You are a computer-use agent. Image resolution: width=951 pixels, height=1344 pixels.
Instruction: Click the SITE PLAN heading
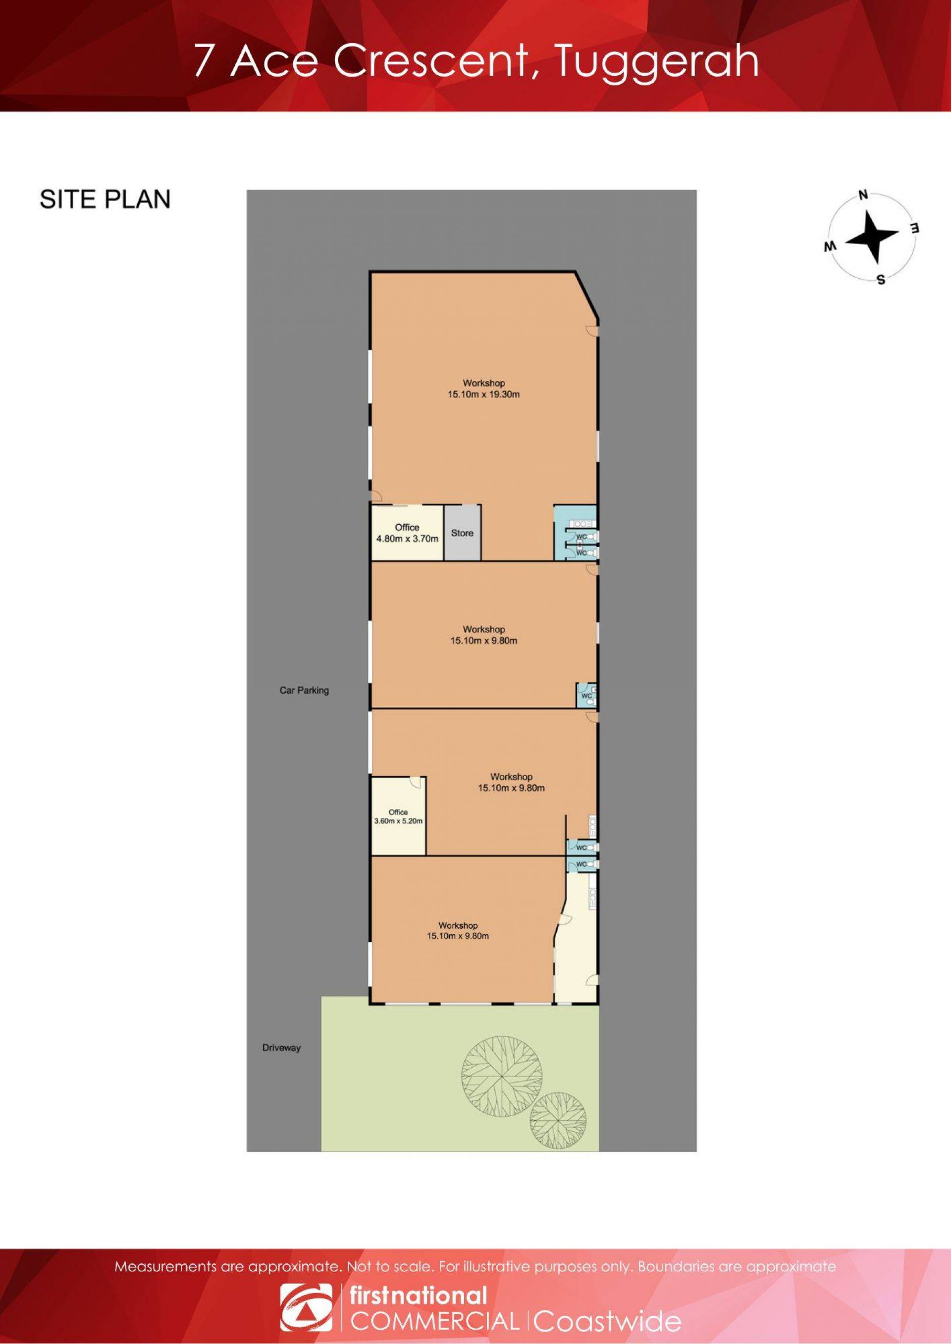click(106, 199)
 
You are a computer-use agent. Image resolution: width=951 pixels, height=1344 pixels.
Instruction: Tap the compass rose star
click(872, 237)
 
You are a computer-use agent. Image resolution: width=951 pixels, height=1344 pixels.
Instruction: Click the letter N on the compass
click(862, 195)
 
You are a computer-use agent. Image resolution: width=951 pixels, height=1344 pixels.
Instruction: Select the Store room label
click(462, 533)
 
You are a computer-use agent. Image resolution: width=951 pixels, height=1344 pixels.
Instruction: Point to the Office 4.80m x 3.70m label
click(407, 533)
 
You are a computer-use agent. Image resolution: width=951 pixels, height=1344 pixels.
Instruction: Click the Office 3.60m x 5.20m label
click(398, 817)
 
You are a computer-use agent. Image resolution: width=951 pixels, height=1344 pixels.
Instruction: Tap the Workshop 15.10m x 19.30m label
click(484, 389)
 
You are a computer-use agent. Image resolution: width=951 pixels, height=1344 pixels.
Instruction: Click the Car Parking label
click(304, 690)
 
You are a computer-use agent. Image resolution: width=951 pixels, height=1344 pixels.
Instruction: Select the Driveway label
click(281, 1048)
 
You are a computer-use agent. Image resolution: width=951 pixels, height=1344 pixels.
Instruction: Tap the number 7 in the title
click(203, 61)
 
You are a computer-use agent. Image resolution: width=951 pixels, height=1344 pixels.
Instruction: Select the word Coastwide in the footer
click(607, 1317)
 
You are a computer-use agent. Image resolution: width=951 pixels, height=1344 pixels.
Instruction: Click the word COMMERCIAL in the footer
click(434, 1316)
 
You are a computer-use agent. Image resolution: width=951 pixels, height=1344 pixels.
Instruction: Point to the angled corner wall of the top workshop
click(586, 296)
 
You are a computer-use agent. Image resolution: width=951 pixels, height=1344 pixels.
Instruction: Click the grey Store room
click(462, 532)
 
